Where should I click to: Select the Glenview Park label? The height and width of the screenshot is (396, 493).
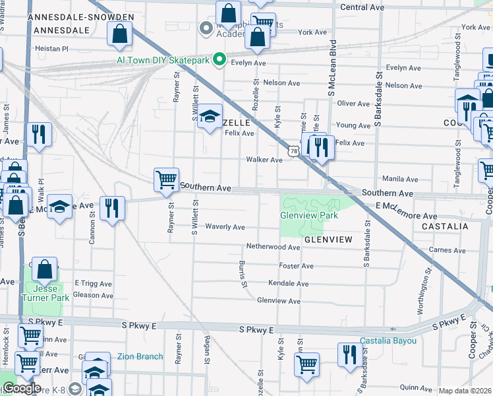click(309, 216)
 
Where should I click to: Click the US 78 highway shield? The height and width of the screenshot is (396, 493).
click(293, 152)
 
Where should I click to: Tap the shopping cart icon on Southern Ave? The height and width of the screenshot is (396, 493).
click(166, 179)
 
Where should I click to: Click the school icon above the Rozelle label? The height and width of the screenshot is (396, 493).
click(210, 117)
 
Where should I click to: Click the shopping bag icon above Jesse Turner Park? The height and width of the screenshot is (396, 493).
click(44, 269)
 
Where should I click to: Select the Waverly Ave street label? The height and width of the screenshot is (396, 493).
click(225, 227)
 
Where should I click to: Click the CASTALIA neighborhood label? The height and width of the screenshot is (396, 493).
click(441, 226)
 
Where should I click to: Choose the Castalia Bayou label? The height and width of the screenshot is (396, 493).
click(388, 341)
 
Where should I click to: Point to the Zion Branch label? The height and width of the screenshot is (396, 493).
click(140, 357)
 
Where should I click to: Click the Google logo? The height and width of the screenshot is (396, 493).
click(21, 388)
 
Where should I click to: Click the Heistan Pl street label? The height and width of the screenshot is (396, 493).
click(51, 49)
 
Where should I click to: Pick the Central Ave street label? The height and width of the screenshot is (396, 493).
click(362, 7)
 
